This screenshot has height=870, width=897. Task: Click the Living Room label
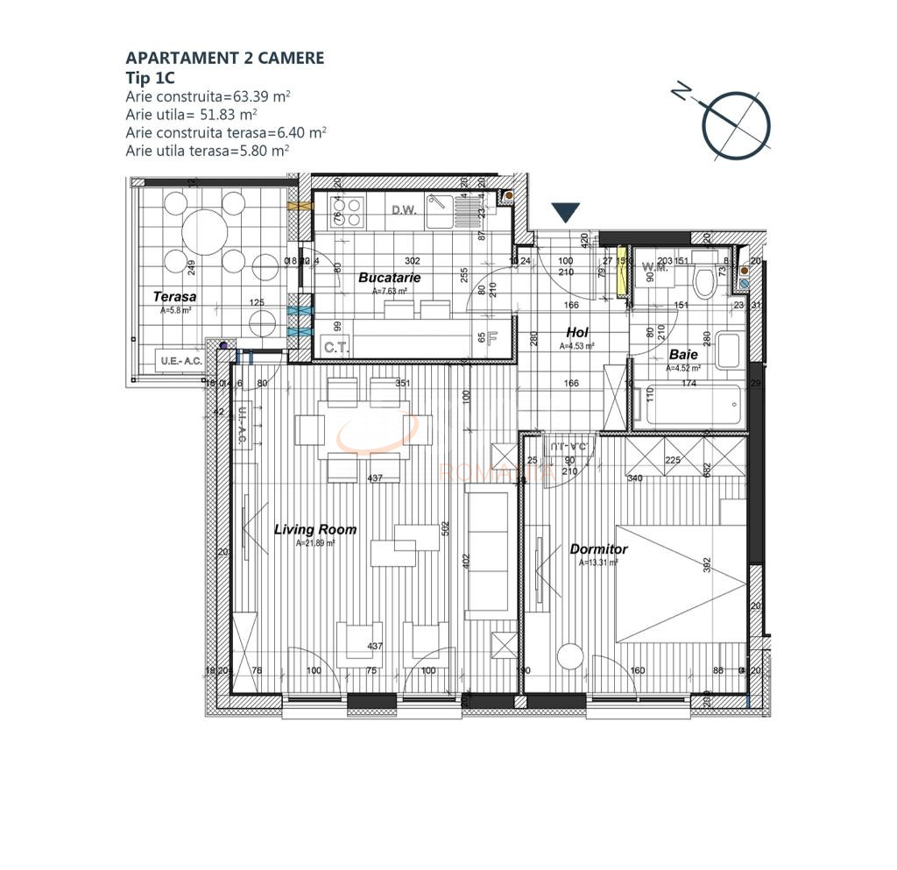pyautogui.click(x=314, y=529)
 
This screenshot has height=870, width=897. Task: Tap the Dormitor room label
pyautogui.click(x=598, y=549)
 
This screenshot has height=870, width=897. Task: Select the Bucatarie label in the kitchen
pyautogui.click(x=389, y=278)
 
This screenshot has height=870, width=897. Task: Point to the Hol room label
pyautogui.click(x=576, y=333)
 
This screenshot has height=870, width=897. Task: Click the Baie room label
pyautogui.click(x=683, y=355)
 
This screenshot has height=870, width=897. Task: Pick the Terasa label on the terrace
pyautogui.click(x=174, y=297)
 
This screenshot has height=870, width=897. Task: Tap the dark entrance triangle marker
pyautogui.click(x=565, y=212)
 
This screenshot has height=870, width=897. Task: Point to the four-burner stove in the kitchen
pyautogui.click(x=346, y=211)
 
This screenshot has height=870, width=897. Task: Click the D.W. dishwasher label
pyautogui.click(x=403, y=210)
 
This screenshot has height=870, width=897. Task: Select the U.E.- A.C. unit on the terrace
pyautogui.click(x=179, y=360)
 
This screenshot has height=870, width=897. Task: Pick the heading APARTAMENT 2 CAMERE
pyautogui.click(x=224, y=59)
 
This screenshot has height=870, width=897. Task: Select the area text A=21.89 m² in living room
pyautogui.click(x=314, y=543)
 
